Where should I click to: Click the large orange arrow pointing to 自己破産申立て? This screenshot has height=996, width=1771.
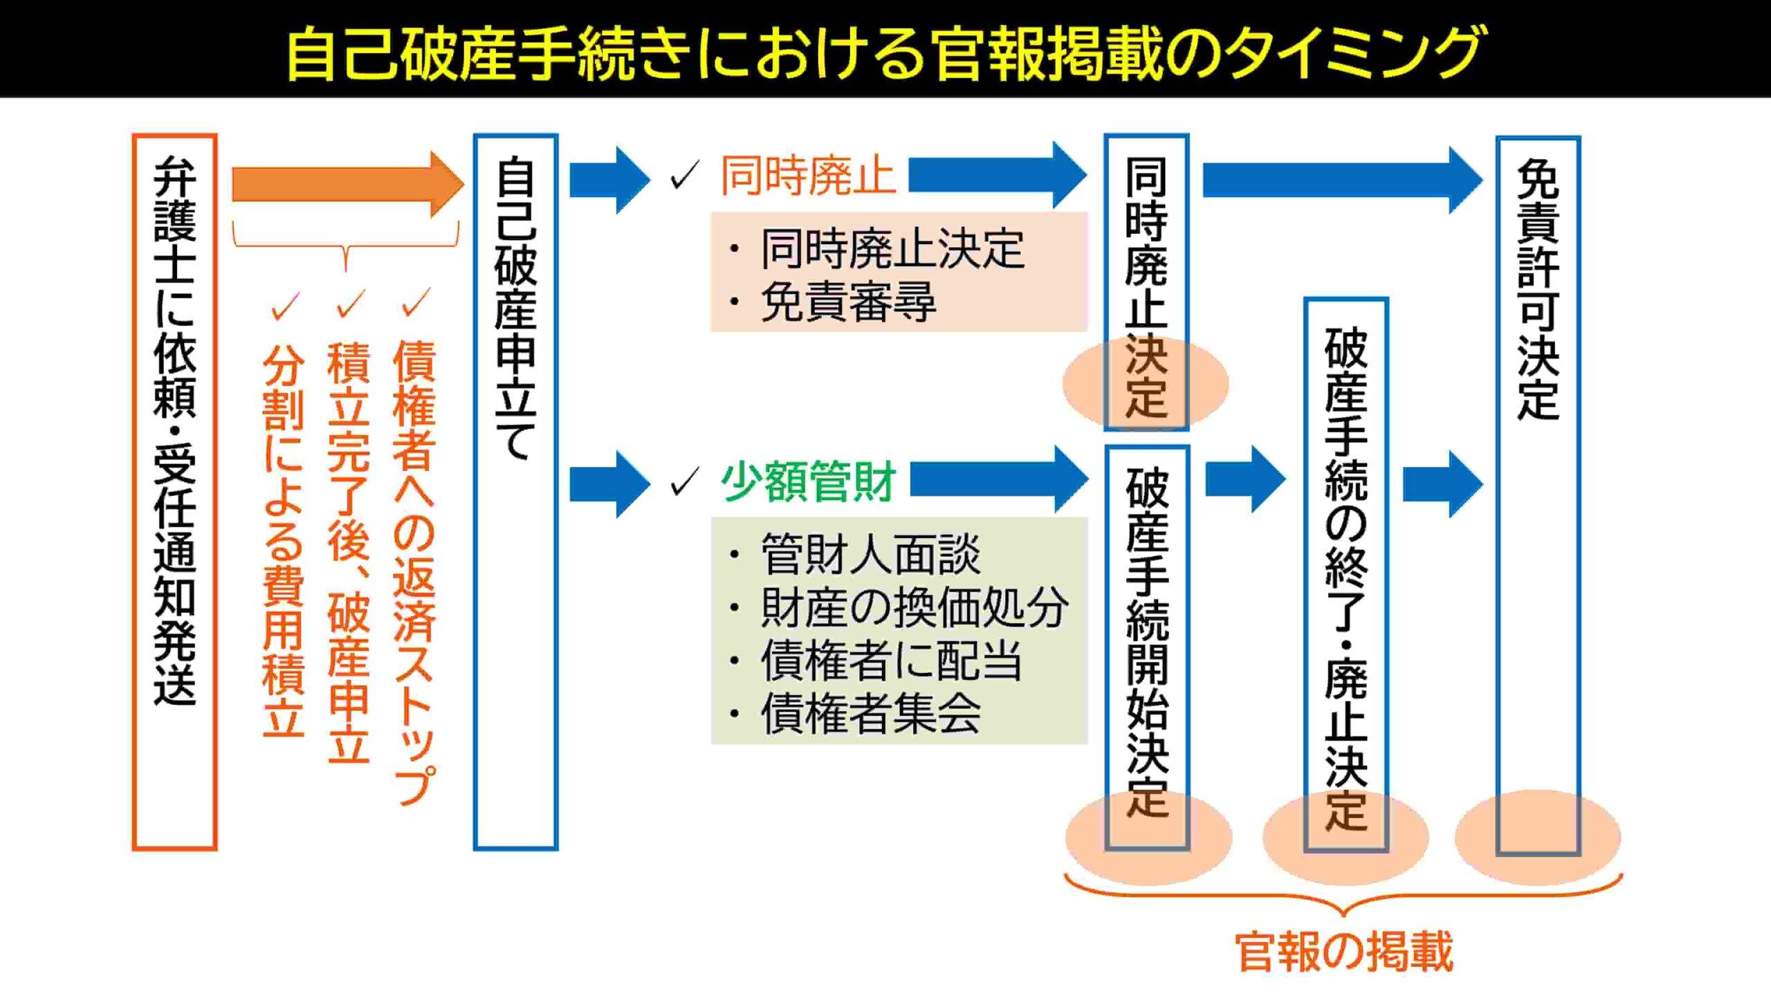(x=346, y=185)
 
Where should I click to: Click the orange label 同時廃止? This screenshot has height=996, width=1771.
(x=807, y=176)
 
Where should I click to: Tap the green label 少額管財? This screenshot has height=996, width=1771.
(x=808, y=481)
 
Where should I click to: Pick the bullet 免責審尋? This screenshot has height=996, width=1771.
(x=847, y=302)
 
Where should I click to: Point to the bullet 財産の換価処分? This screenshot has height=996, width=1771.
(x=913, y=608)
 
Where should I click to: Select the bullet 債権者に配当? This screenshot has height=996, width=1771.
(x=891, y=661)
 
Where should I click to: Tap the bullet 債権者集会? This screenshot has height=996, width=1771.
(x=870, y=713)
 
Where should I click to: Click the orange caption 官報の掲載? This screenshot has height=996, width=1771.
(x=1343, y=952)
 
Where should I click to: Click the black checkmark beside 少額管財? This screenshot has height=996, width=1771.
(x=685, y=481)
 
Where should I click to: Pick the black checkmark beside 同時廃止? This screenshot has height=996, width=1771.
(x=685, y=175)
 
